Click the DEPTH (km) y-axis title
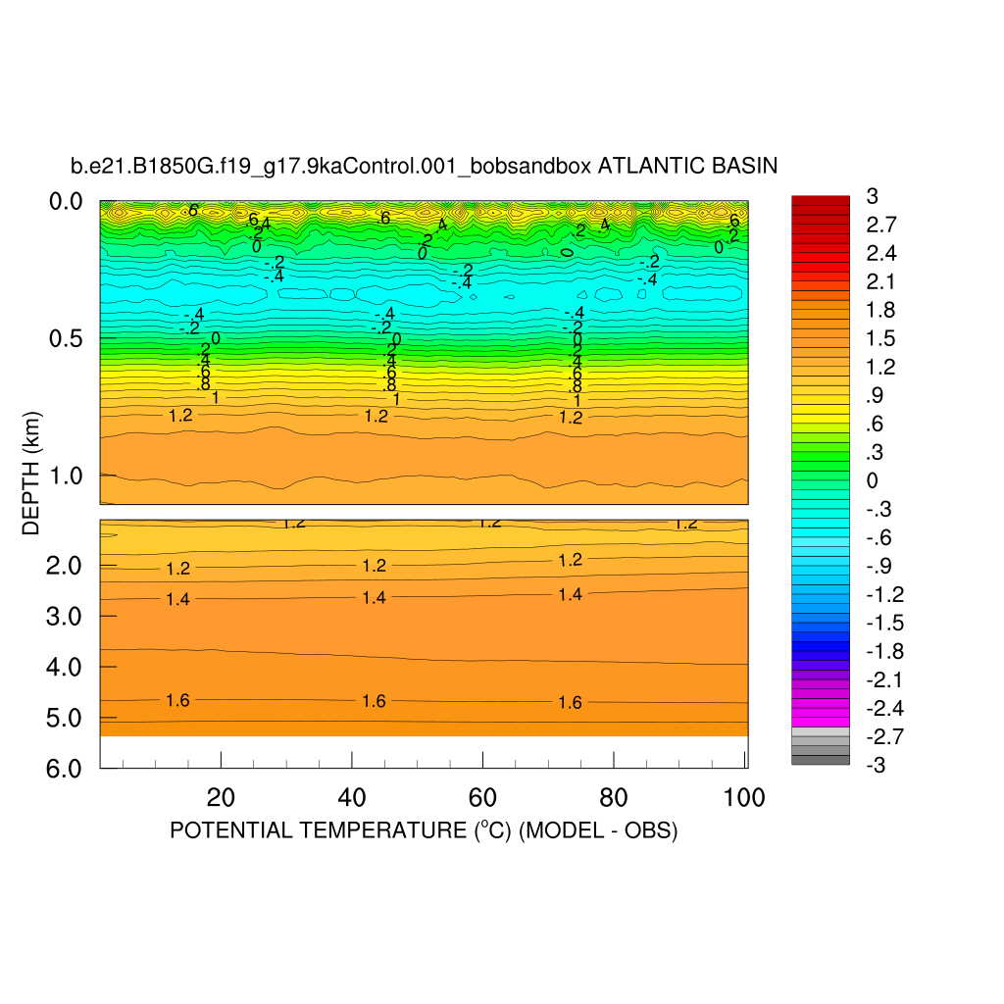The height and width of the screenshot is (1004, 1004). pos(30,470)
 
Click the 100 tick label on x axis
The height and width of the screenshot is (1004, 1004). pos(743,798)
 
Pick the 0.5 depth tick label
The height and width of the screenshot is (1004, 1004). pos(69,339)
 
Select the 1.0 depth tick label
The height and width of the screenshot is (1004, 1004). pos(69,476)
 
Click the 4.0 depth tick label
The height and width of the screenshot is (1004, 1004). pos(69,667)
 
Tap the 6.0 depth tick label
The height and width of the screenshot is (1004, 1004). pos(69,768)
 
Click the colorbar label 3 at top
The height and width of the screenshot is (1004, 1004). pos(872,196)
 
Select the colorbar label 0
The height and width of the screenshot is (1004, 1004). pos(872,480)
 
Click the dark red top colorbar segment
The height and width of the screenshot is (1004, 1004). pos(821,201)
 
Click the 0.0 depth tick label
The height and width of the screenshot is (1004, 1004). pos(69,202)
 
